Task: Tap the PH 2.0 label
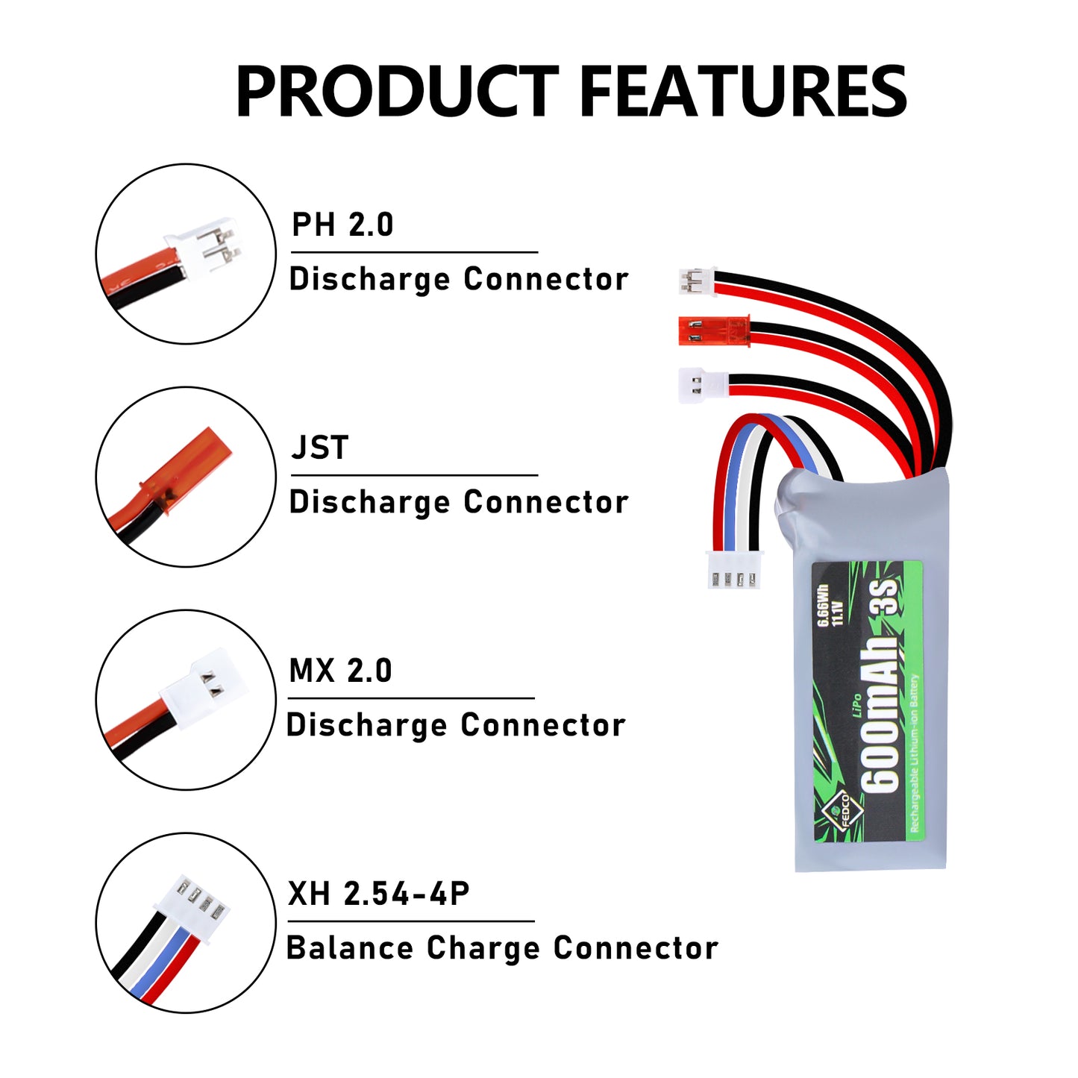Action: (342, 225)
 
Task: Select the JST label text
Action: (320, 448)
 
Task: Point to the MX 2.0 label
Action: (340, 670)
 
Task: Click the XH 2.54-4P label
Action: (378, 893)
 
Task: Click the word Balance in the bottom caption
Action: (350, 948)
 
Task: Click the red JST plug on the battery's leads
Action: (712, 330)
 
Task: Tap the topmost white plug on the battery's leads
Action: (696, 281)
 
